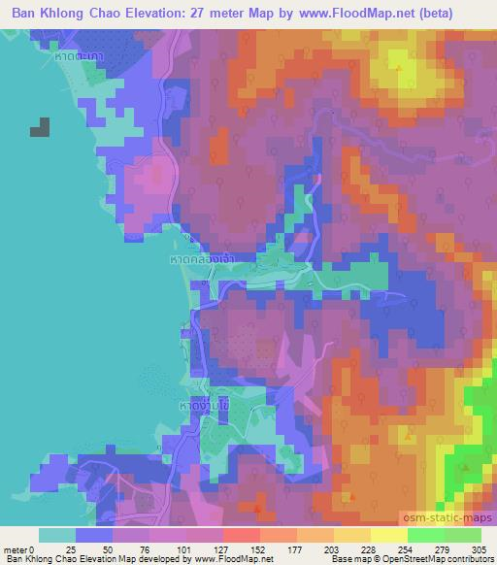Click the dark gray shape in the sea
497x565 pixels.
tap(41, 127)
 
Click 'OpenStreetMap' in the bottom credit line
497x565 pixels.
tap(420, 559)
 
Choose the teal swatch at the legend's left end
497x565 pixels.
tap(57, 536)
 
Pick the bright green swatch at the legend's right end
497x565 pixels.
tap(464, 536)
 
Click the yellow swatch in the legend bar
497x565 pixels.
tap(388, 536)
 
